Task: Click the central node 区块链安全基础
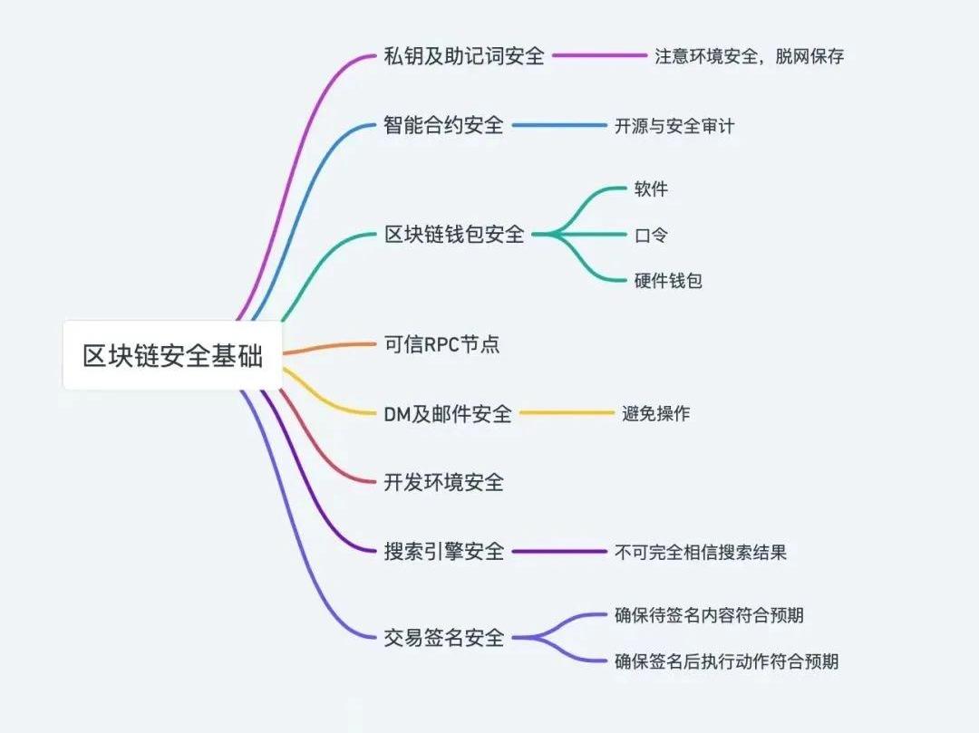tap(172, 355)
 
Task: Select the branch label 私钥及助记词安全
tap(464, 56)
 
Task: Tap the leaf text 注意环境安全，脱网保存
tap(750, 56)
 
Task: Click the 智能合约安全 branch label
tap(443, 125)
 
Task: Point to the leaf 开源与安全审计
tap(674, 126)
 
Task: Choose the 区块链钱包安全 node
tap(454, 235)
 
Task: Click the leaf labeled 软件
tap(651, 188)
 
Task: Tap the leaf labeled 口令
tap(651, 236)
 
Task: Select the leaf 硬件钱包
tap(668, 281)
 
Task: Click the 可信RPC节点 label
tap(441, 344)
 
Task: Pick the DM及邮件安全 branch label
tap(448, 413)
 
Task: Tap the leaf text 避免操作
tap(655, 413)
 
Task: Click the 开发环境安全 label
tap(443, 482)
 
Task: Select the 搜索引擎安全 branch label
tap(444, 552)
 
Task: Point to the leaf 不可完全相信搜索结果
tap(701, 552)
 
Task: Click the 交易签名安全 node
tap(444, 638)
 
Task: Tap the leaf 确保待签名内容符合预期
tap(709, 615)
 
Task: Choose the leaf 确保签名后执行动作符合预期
tap(727, 661)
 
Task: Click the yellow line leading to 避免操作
tap(567, 412)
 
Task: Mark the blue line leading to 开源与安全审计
tap(559, 125)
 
